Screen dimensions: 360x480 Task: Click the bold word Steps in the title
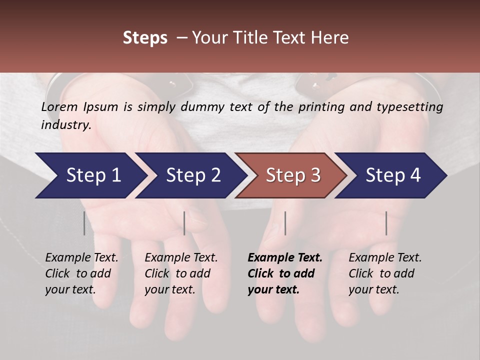[x=145, y=38]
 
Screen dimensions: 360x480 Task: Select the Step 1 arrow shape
[x=90, y=175]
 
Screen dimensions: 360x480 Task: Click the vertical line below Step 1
[x=84, y=223]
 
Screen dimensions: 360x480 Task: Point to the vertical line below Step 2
[x=184, y=223]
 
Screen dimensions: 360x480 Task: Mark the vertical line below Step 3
[x=285, y=223]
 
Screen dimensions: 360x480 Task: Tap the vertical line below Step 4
[x=386, y=223]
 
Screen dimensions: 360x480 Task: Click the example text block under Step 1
[x=81, y=273]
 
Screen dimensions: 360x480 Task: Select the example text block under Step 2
[x=181, y=273]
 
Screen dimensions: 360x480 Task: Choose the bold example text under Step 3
[x=284, y=273]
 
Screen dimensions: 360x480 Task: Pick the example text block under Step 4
[x=385, y=273]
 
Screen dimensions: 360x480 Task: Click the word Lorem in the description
[x=59, y=106]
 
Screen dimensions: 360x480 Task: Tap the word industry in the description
[x=65, y=124]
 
